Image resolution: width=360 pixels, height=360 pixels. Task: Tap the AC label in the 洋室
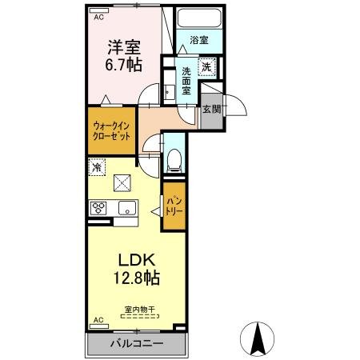click(x=99, y=16)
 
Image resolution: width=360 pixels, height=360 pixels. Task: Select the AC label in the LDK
click(x=99, y=320)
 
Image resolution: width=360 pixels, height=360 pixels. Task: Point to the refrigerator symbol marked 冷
click(x=97, y=168)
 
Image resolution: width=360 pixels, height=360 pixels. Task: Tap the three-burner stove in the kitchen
click(x=99, y=209)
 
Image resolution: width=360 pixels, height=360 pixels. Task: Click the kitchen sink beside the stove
click(x=127, y=209)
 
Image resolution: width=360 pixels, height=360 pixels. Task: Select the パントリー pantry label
click(x=173, y=207)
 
